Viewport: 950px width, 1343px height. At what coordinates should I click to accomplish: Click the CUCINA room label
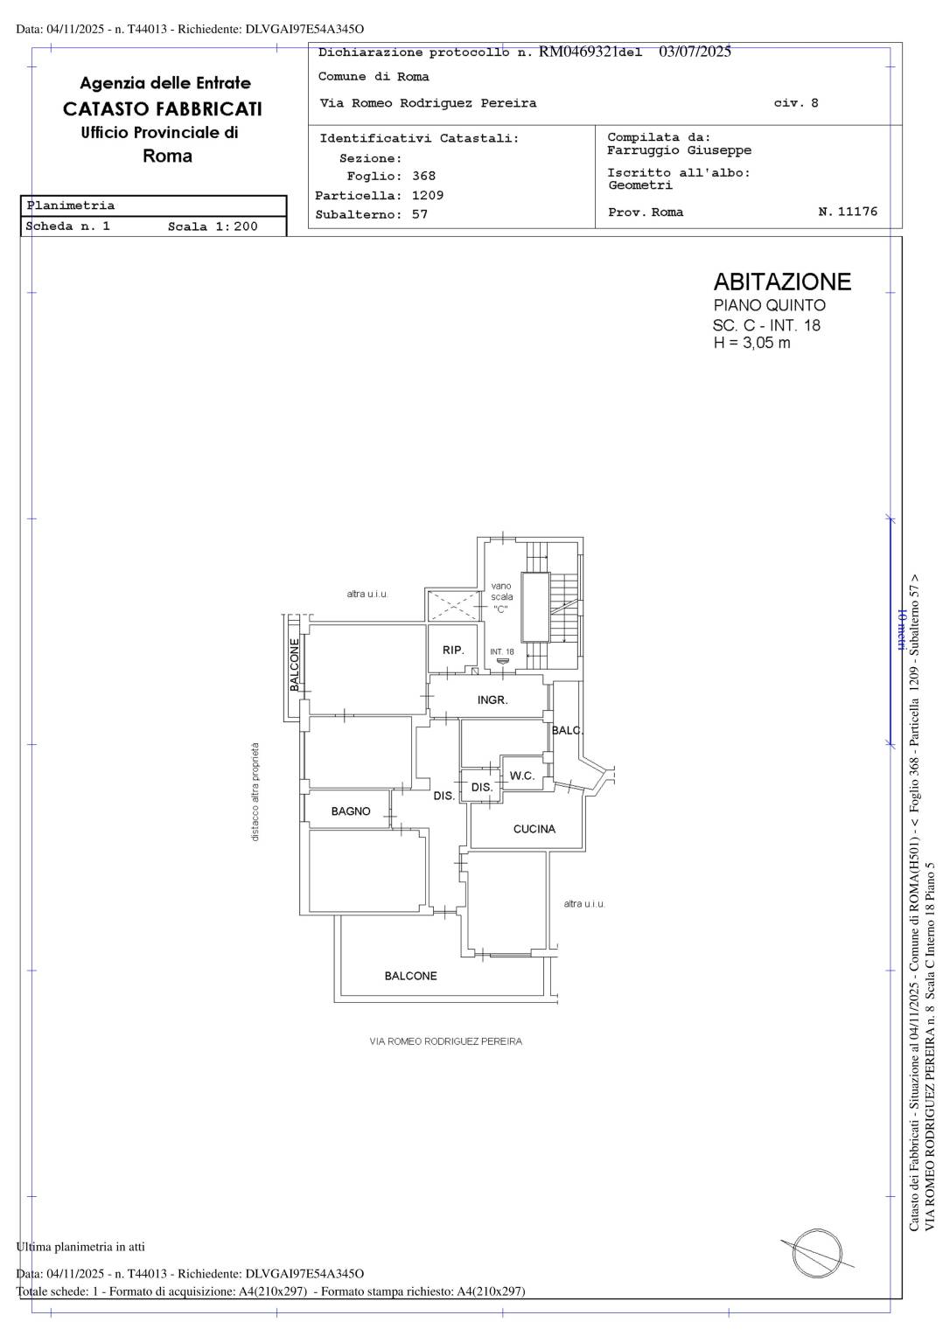[534, 829]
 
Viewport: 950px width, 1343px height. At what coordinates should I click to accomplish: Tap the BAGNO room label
[351, 811]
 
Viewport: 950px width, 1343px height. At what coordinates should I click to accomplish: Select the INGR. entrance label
[492, 699]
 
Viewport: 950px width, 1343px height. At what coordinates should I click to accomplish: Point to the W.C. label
[521, 776]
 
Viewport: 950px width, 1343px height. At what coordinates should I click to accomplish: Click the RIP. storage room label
[453, 650]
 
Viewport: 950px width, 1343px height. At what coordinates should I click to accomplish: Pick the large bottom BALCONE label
[411, 976]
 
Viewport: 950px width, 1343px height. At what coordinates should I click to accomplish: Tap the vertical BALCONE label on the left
[295, 665]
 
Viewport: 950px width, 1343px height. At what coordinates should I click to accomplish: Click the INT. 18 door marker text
[502, 651]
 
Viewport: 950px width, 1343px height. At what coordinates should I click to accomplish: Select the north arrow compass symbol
[817, 1253]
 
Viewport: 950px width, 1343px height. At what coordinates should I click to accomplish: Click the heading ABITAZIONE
[782, 282]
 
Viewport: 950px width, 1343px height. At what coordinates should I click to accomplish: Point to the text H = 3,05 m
[751, 343]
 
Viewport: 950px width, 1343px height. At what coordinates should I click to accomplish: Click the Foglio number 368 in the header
[423, 177]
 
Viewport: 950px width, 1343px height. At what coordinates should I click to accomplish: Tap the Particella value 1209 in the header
[428, 196]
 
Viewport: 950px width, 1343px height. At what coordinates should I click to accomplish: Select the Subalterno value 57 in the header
[419, 214]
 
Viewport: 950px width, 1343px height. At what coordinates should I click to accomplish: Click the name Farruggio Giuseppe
[679, 150]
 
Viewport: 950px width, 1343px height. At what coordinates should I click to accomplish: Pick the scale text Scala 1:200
[213, 226]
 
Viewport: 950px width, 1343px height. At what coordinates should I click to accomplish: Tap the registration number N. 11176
[848, 212]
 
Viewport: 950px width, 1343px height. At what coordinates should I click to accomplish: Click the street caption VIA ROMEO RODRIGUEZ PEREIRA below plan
[445, 1041]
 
